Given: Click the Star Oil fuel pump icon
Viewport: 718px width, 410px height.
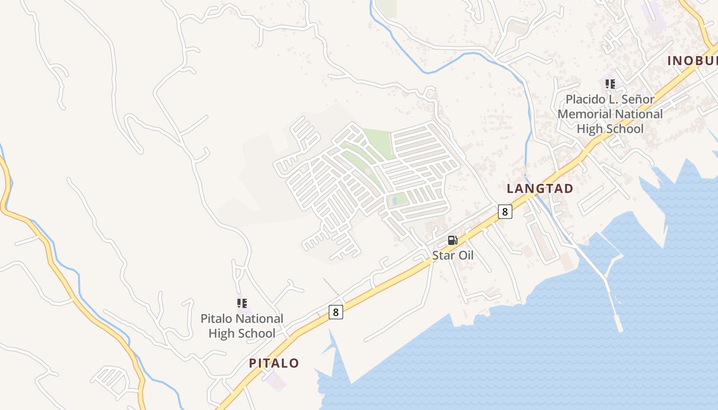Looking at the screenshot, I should point(452,240).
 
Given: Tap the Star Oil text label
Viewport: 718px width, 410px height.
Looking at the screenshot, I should point(452,255).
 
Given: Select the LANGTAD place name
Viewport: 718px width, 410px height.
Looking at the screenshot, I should point(540,189).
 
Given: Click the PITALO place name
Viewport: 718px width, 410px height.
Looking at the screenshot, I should point(274,363).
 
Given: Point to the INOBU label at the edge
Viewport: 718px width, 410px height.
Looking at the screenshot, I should point(692,60).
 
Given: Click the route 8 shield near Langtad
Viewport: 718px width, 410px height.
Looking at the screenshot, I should point(505,211).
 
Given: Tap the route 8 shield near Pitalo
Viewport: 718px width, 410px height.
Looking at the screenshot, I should point(335,312).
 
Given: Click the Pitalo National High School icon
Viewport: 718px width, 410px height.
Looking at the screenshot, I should point(242,303).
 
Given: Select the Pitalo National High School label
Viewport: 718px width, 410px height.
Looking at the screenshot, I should point(242,326).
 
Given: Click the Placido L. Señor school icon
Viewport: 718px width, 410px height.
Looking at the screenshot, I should point(610,84).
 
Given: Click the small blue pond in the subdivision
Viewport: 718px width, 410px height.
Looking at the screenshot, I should point(394,200).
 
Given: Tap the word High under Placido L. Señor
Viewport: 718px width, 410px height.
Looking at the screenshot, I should point(588,129).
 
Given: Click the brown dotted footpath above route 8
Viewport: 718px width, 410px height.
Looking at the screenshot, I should point(331,287).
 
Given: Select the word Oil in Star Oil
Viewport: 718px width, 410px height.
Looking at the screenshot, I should point(463,255).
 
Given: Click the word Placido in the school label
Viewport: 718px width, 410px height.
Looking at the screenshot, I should point(584,99).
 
